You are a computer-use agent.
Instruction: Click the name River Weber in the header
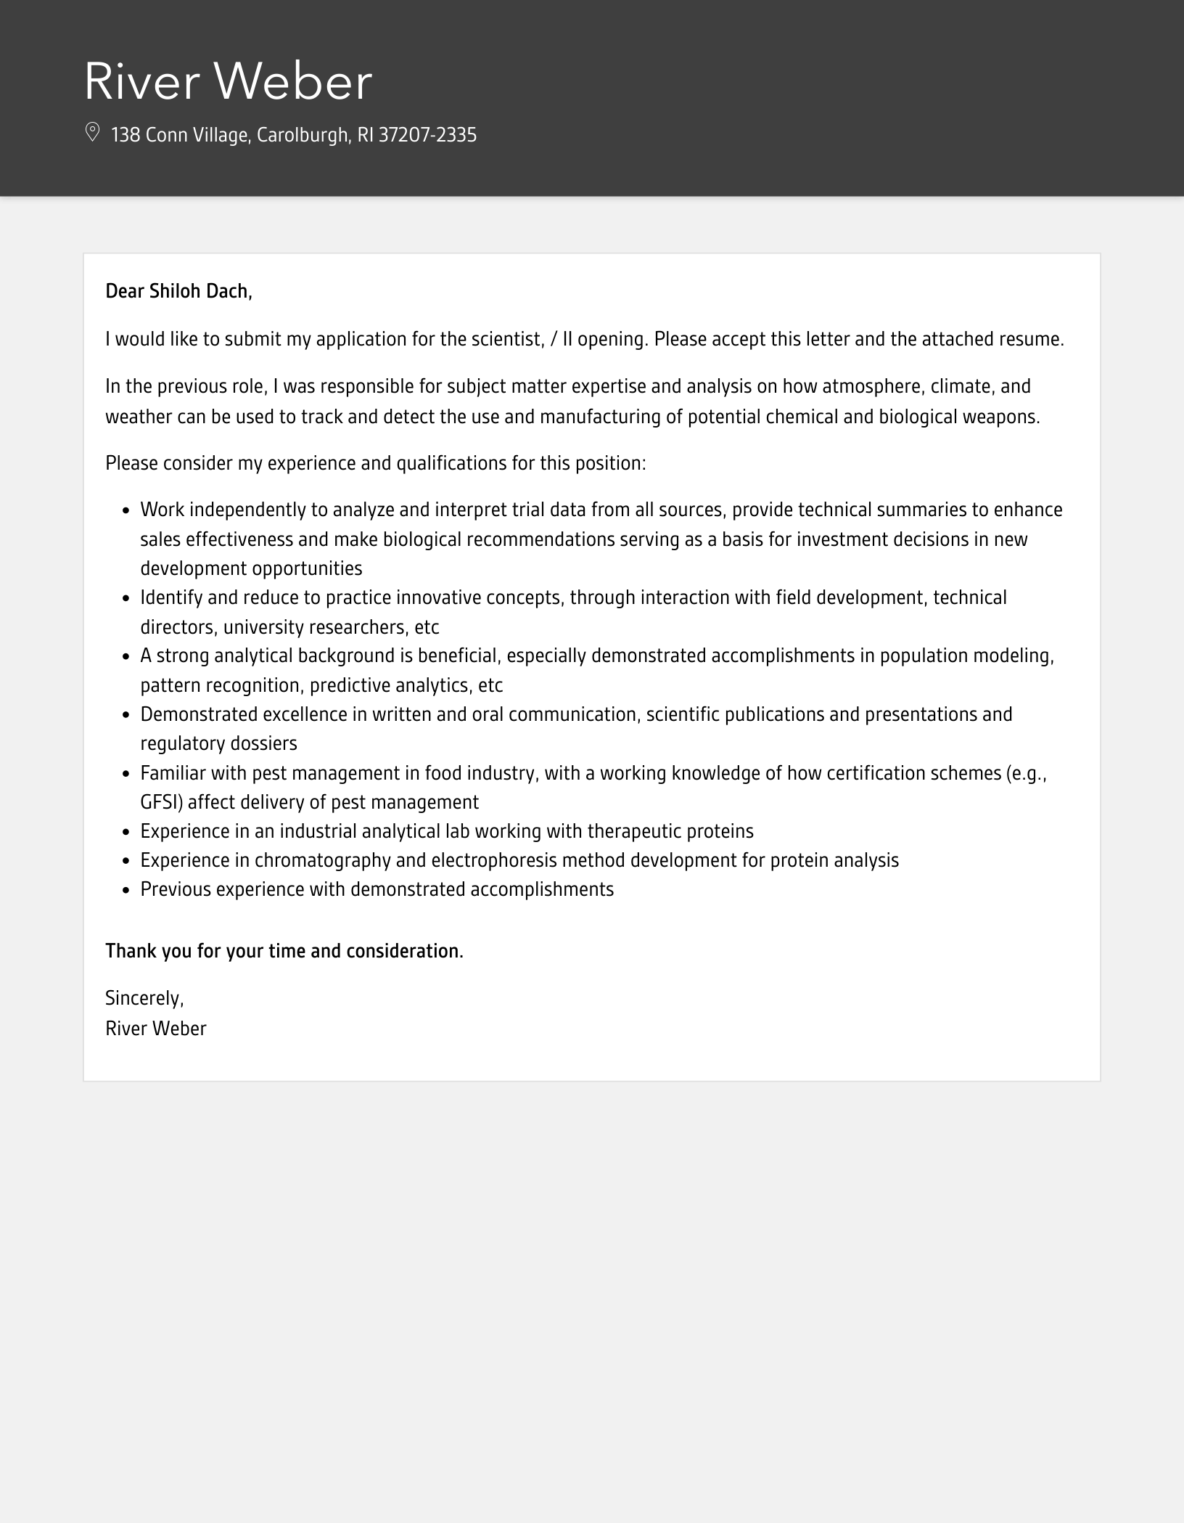click(x=228, y=81)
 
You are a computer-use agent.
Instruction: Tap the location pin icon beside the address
click(x=92, y=132)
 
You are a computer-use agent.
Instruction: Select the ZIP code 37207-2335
click(x=427, y=135)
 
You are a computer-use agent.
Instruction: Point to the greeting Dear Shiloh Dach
click(x=178, y=291)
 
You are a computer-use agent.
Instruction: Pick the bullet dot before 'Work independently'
click(x=126, y=511)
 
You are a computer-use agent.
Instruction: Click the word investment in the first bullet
click(x=827, y=539)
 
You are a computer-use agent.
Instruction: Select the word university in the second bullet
click(x=263, y=626)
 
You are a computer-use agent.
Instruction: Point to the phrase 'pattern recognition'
click(x=220, y=685)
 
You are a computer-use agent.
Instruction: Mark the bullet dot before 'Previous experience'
click(x=126, y=891)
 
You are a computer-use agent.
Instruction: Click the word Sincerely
click(x=144, y=998)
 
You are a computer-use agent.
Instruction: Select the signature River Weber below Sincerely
click(x=156, y=1029)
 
